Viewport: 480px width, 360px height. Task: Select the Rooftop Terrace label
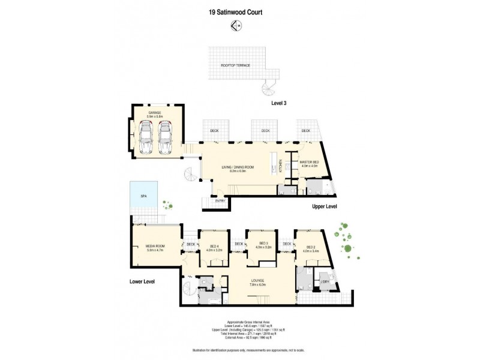coord(235,65)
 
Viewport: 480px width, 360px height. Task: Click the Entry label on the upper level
coord(220,201)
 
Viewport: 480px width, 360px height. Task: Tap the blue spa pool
coord(143,196)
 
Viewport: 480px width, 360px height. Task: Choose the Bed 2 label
coord(311,247)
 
